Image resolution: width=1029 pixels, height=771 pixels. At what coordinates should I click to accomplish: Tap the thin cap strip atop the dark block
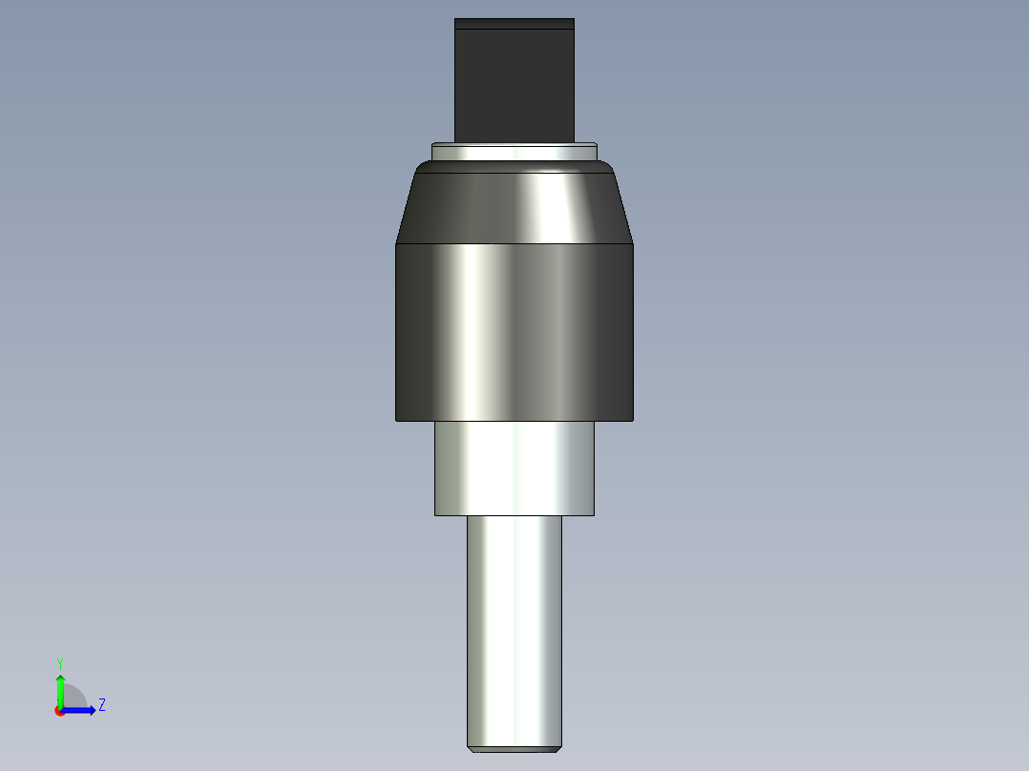tap(514, 24)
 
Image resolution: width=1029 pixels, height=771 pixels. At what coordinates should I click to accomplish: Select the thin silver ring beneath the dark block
tap(514, 151)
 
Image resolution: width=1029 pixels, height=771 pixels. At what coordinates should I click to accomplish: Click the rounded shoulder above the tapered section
tap(514, 167)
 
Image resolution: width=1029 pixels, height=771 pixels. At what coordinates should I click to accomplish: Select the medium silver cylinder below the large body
tap(514, 468)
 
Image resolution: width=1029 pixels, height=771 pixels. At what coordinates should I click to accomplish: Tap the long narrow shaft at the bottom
tap(514, 630)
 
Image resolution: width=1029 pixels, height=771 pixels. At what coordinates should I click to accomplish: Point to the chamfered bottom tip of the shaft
tap(514, 748)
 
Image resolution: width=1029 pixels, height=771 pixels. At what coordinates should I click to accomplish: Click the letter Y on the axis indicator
tap(59, 662)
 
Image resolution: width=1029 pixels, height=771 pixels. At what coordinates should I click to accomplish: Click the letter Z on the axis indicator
tap(101, 705)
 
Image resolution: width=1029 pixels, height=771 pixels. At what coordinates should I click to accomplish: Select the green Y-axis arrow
tap(60, 689)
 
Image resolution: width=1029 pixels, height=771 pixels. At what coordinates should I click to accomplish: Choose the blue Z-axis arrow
tap(81, 710)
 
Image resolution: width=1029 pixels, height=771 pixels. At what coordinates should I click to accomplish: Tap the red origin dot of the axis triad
tap(60, 711)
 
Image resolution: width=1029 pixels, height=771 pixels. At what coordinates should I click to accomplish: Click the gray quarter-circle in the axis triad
tap(73, 698)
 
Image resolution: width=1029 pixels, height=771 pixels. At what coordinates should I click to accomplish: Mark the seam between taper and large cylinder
tap(514, 243)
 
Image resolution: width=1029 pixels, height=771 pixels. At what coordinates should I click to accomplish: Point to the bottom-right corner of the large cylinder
tap(633, 420)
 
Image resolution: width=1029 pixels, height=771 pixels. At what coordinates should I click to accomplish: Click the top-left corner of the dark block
tap(456, 20)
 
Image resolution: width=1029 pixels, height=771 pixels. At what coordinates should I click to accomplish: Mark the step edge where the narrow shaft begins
tap(514, 515)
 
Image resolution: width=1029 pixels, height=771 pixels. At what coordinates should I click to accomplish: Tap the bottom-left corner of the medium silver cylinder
tap(435, 514)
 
